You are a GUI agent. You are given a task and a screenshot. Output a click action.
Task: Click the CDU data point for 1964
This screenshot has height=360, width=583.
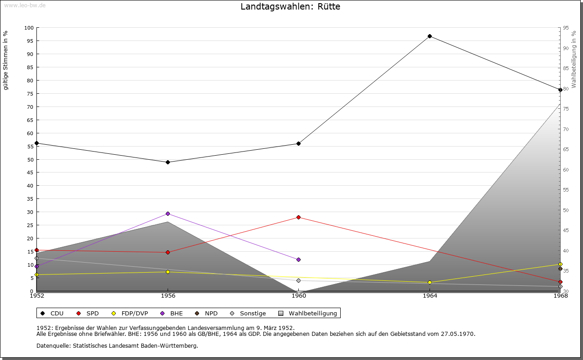click(430, 36)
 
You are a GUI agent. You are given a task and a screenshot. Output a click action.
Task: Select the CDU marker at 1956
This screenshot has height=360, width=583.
click(168, 162)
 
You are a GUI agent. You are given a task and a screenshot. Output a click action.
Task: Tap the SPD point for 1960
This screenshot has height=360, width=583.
click(298, 217)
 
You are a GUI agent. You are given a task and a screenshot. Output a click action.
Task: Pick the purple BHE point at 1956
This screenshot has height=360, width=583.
click(168, 213)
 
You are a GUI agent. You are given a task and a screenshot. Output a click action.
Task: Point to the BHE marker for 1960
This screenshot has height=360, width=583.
click(298, 259)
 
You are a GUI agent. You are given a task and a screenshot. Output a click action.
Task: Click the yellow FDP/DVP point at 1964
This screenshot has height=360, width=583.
click(430, 282)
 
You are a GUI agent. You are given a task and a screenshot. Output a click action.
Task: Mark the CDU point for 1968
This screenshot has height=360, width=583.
click(560, 90)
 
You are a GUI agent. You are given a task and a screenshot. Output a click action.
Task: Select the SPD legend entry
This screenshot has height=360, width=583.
click(88, 313)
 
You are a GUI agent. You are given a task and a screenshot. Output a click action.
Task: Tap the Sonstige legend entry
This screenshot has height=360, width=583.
click(248, 313)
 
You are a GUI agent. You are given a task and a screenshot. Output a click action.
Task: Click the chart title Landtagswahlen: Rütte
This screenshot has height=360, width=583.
click(290, 6)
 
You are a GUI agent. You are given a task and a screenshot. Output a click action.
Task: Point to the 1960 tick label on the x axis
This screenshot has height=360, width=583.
click(298, 296)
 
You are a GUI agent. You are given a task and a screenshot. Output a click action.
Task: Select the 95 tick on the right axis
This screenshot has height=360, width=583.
click(565, 28)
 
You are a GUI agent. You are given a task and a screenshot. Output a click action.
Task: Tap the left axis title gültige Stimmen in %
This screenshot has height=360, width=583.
click(6, 60)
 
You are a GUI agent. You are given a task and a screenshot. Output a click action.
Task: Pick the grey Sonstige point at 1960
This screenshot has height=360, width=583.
click(298, 280)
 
